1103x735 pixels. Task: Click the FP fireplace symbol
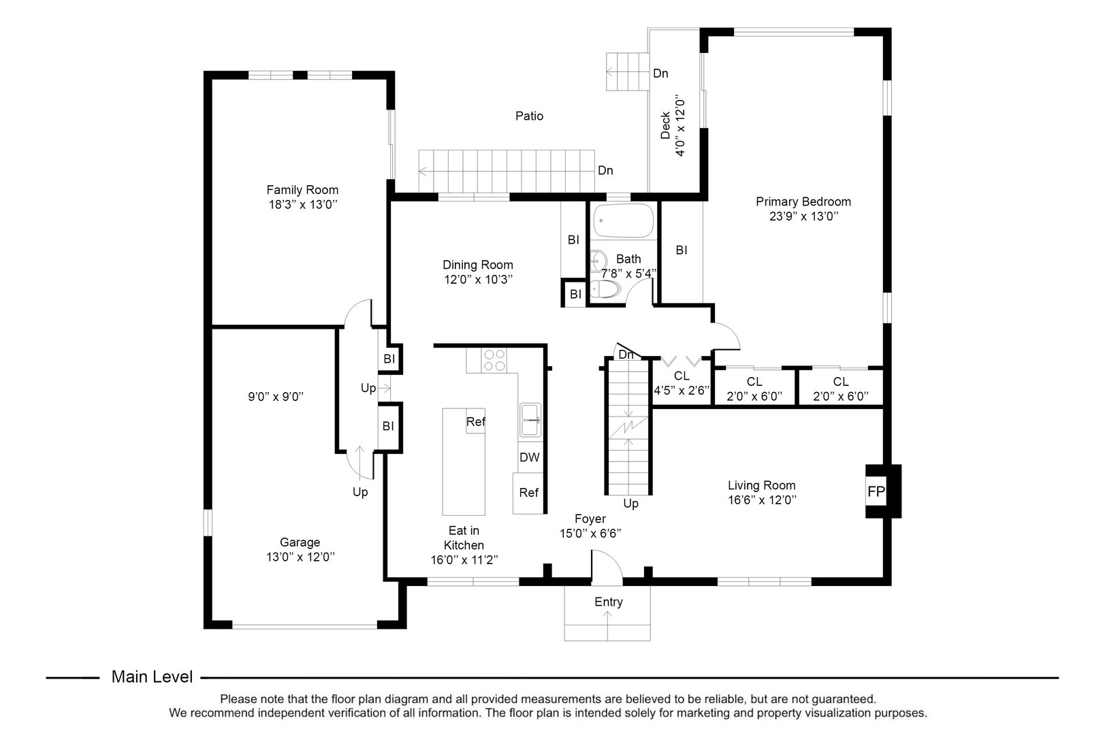[876, 491]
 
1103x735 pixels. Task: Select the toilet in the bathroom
[605, 291]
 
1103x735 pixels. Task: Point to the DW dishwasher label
[529, 457]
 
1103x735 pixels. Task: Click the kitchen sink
[530, 419]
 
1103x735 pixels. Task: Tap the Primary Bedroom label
[803, 201]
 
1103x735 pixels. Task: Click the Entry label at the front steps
[608, 602]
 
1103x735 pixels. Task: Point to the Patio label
[529, 116]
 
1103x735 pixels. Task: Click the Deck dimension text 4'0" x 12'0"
[680, 126]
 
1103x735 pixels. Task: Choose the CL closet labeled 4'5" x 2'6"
[682, 383]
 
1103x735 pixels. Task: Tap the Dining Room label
[477, 265]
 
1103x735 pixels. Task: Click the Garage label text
[300, 542]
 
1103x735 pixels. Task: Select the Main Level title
[152, 677]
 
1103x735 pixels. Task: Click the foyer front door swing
[606, 568]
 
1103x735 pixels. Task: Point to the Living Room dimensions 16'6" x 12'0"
[761, 500]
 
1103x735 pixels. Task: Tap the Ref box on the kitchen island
[475, 422]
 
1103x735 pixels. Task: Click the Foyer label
[590, 519]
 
